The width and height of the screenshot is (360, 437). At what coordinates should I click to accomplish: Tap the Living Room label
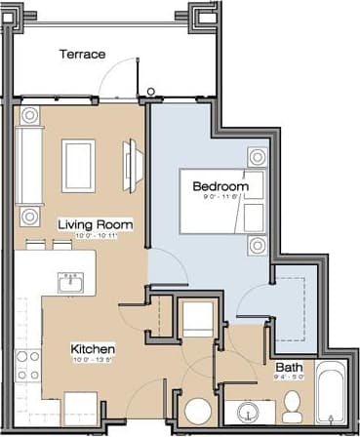[x=95, y=225]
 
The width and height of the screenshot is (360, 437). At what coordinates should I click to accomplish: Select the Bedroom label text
[x=220, y=185]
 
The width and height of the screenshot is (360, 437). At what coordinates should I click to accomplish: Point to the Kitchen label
[x=94, y=348]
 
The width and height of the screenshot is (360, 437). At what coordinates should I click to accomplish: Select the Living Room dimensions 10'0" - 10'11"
[x=95, y=236]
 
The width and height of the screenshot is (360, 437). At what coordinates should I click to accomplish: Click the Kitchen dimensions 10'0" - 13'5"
[x=94, y=359]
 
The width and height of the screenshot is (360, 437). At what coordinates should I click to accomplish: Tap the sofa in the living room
[x=29, y=164]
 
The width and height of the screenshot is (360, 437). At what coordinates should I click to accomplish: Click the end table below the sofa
[x=29, y=216]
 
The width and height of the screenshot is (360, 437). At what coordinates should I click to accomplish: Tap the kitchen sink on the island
[x=70, y=283]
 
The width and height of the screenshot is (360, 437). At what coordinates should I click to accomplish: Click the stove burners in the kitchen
[x=27, y=366]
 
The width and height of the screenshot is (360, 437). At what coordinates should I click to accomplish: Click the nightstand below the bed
[x=257, y=244]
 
